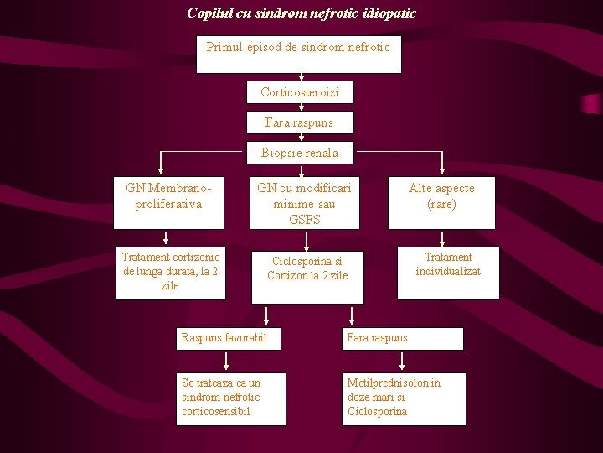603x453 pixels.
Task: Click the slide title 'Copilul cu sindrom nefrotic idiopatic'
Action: pyautogui.click(x=301, y=13)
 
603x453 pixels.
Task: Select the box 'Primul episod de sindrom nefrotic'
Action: pyautogui.click(x=298, y=54)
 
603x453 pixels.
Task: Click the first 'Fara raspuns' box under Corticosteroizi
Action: pyautogui.click(x=299, y=122)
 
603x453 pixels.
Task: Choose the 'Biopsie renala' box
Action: pyautogui.click(x=300, y=153)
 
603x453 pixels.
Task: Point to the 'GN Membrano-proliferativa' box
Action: pyautogui.click(x=169, y=202)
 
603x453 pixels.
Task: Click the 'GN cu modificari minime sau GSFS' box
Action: pyautogui.click(x=304, y=203)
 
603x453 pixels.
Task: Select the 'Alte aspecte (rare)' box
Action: pyautogui.click(x=441, y=202)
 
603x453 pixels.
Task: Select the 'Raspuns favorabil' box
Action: pyautogui.click(x=228, y=338)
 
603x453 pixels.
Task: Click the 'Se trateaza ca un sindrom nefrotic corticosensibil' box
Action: pyautogui.click(x=230, y=398)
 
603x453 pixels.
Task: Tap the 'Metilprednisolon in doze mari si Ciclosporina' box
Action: pyautogui.click(x=403, y=398)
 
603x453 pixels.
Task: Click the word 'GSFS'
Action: pyautogui.click(x=305, y=220)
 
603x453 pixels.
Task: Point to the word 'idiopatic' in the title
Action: pyautogui.click(x=388, y=13)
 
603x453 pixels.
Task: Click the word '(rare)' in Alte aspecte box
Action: pyautogui.click(x=441, y=204)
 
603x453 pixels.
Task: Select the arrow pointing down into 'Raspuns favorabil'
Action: pyautogui.click(x=266, y=316)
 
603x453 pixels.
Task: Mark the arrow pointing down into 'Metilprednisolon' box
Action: pyautogui.click(x=403, y=362)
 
